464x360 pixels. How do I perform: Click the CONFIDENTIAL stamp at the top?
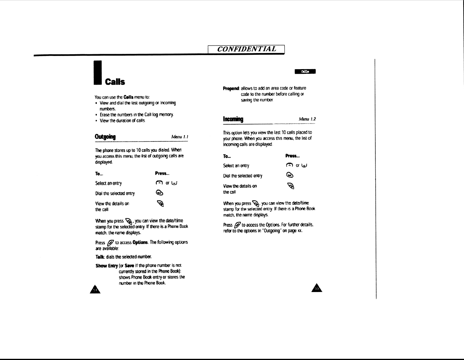click(246, 49)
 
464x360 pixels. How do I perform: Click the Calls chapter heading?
click(115, 82)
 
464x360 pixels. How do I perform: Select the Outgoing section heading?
click(105, 137)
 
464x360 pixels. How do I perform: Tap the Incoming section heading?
click(233, 119)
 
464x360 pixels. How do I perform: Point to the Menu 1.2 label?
click(307, 119)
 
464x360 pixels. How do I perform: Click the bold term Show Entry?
click(107, 266)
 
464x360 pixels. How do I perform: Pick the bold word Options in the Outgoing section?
click(139, 242)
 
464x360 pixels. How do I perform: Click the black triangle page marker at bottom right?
click(317, 288)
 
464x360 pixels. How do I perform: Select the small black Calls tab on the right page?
click(305, 71)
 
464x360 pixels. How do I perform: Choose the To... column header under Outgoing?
click(99, 174)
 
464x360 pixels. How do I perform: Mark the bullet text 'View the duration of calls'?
click(122, 121)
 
